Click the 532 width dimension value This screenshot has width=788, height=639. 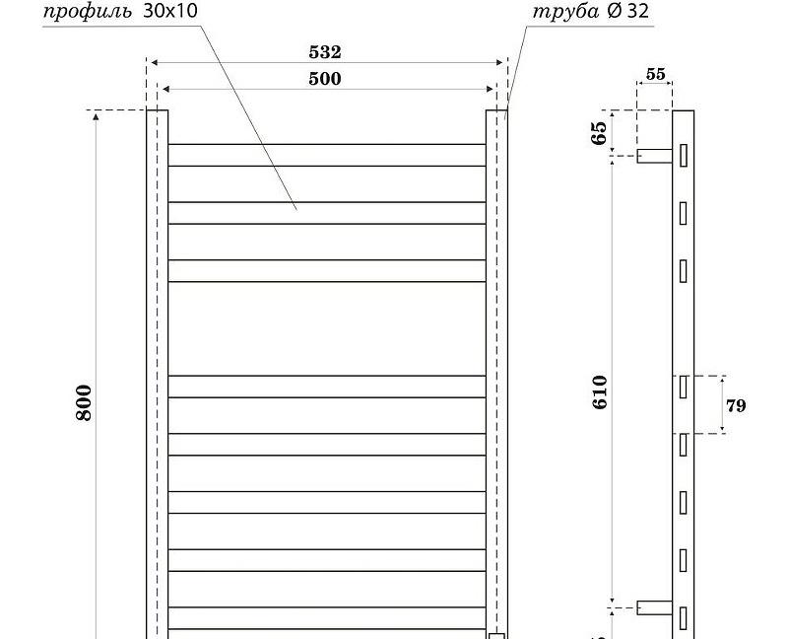(325, 52)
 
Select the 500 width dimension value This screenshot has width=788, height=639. (325, 79)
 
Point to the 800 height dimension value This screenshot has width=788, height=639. (84, 402)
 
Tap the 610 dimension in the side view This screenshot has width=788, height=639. (600, 391)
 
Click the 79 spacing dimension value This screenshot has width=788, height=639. (735, 405)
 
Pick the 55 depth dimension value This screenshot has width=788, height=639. (655, 74)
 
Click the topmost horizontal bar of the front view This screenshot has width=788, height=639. (326, 155)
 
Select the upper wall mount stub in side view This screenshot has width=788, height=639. (654, 156)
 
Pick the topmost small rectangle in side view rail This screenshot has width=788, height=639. (683, 155)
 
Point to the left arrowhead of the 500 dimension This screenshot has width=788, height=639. (165, 90)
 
